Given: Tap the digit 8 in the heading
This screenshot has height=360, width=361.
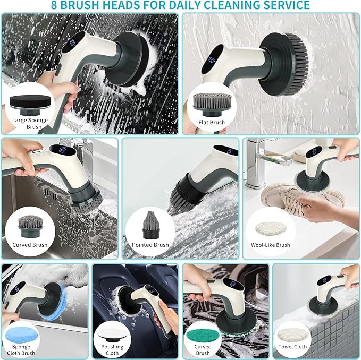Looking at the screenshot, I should [54, 6].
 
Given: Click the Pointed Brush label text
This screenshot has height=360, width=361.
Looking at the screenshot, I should [147, 245].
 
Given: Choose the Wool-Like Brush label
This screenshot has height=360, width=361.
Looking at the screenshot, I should [271, 245].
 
